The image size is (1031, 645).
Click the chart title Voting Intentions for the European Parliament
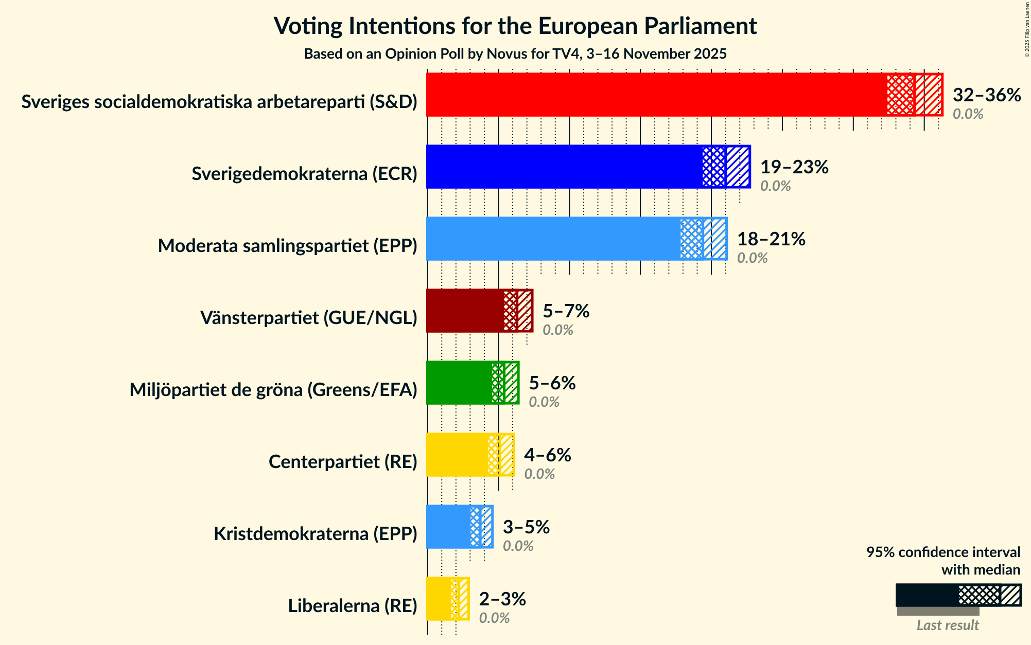tap(515, 26)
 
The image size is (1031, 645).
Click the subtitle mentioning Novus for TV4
tap(515, 53)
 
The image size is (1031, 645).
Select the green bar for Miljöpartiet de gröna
tap(459, 383)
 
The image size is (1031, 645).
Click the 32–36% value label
tap(986, 95)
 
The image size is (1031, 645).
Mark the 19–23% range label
tap(794, 167)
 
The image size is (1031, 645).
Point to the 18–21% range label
tap(771, 239)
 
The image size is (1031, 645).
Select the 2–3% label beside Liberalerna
tap(502, 599)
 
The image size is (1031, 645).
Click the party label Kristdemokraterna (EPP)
tap(316, 534)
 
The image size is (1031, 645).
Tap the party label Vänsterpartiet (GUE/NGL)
tap(309, 318)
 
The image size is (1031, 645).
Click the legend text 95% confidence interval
tap(943, 552)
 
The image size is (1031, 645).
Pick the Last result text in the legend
tap(948, 625)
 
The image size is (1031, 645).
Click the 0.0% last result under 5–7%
tap(558, 330)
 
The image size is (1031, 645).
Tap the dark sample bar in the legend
tap(927, 595)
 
